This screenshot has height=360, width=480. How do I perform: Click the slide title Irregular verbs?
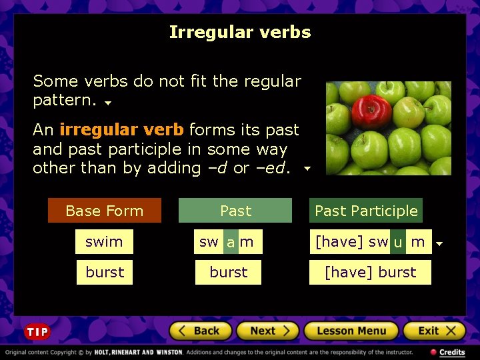(240, 32)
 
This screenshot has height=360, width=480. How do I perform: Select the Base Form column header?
(105, 211)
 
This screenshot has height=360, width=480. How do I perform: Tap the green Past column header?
(235, 211)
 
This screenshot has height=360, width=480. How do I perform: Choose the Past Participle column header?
(366, 211)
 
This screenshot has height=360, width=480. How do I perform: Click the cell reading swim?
(104, 242)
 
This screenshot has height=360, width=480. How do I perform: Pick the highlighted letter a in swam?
(231, 243)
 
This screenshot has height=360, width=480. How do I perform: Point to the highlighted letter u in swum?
(398, 243)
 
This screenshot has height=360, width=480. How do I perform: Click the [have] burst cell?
(370, 273)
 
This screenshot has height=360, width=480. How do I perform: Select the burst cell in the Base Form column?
(105, 273)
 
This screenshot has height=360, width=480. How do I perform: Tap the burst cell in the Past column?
(228, 273)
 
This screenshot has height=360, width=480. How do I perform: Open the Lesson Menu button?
(351, 331)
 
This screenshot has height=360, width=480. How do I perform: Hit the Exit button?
(433, 331)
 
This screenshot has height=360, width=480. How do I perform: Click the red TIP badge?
(37, 332)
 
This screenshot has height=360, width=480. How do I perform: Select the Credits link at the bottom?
(448, 352)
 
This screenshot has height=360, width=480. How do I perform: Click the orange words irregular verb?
(121, 130)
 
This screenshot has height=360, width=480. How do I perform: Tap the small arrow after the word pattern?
(108, 104)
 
